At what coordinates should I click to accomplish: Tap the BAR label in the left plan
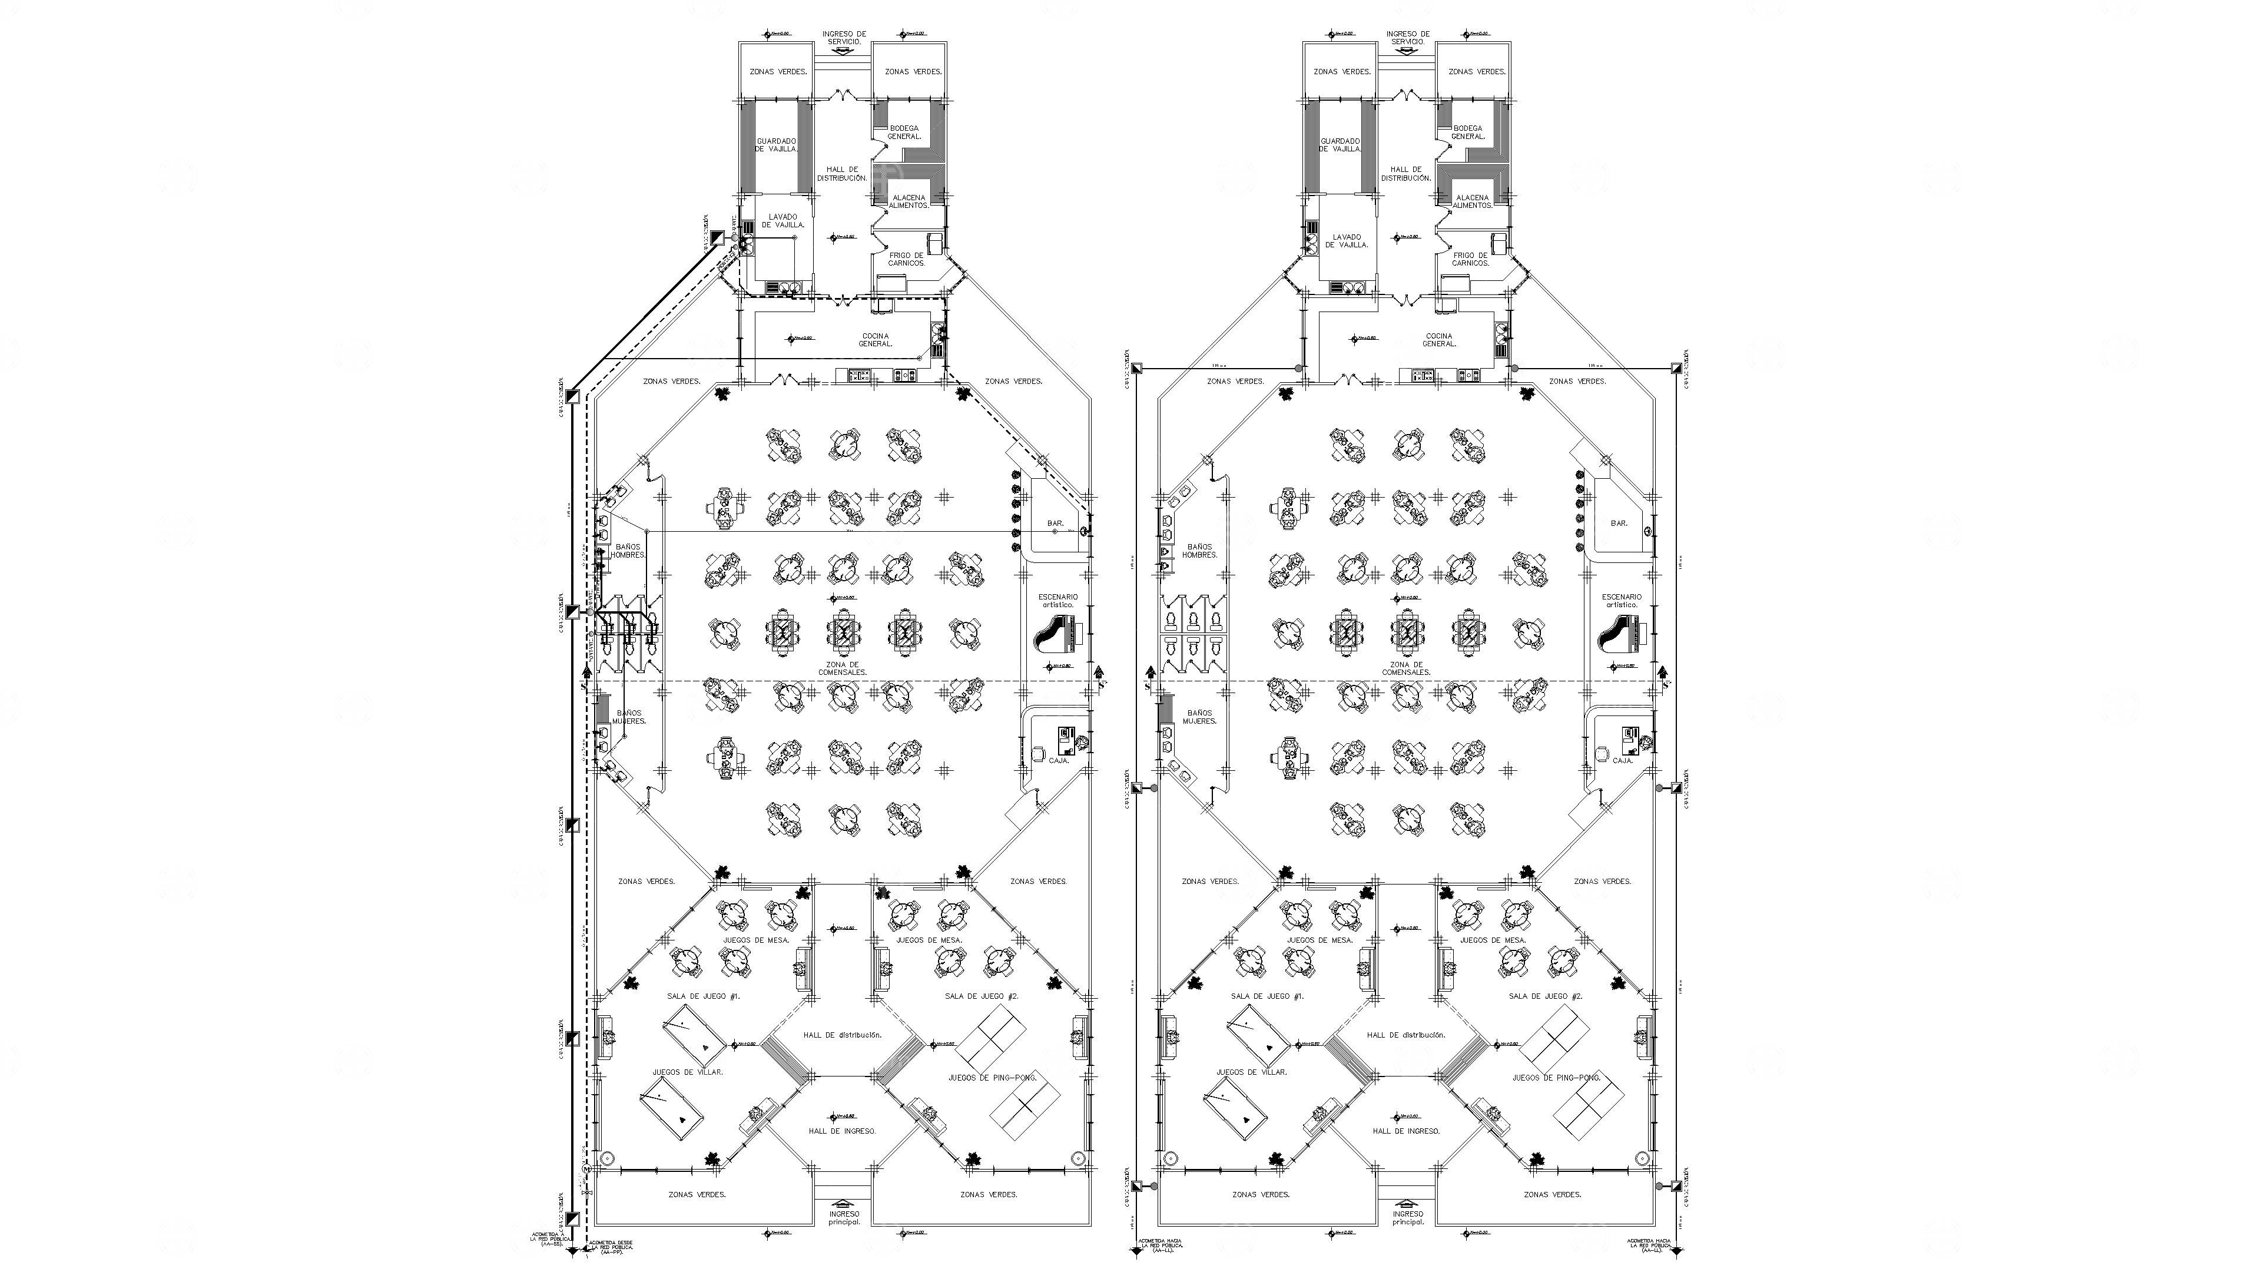[x=1055, y=523]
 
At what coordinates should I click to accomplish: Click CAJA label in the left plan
[x=1059, y=760]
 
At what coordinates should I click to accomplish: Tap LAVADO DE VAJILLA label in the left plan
[x=783, y=220]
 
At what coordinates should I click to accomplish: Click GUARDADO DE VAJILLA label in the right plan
[x=1340, y=145]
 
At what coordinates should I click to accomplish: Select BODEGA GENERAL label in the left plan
[x=904, y=132]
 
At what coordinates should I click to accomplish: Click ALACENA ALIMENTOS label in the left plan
[x=909, y=201]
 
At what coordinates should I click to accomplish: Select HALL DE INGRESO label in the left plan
[x=842, y=1131]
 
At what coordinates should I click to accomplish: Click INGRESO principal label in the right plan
[x=1408, y=1218]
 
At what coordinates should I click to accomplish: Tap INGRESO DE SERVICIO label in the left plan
[x=844, y=38]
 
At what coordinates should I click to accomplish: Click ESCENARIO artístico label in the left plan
[x=1057, y=601]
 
